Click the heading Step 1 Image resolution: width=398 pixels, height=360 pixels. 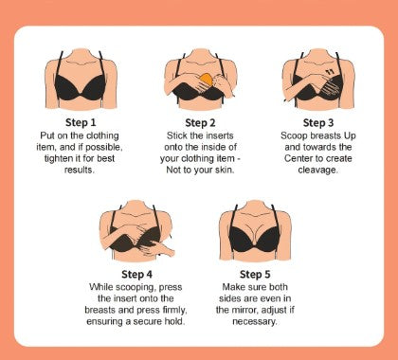click(x=81, y=122)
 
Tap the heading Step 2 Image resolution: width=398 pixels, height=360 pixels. click(x=200, y=123)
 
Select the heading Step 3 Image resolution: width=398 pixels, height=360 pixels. click(x=318, y=123)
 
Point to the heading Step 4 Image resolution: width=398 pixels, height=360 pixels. click(x=136, y=274)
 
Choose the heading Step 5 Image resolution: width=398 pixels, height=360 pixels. click(x=255, y=274)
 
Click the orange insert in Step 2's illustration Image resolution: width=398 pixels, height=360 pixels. click(x=207, y=80)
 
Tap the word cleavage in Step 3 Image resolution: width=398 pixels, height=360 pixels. click(x=317, y=170)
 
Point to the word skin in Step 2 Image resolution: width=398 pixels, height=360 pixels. click(x=225, y=170)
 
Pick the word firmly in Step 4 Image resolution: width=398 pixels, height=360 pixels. click(x=175, y=310)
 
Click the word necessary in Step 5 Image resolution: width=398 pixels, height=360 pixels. click(x=255, y=322)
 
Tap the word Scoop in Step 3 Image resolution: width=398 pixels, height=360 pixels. click(x=294, y=136)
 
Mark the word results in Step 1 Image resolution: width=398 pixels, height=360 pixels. click(x=80, y=170)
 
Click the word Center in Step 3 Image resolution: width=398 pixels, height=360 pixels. click(x=297, y=158)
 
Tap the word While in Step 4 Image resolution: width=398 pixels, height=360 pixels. click(x=101, y=287)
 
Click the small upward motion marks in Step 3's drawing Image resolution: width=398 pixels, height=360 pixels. click(x=330, y=72)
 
